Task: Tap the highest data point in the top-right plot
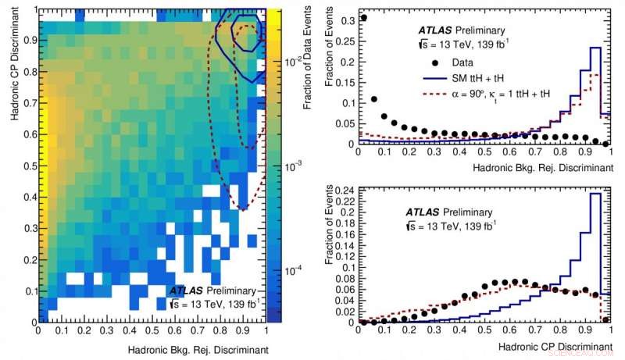coord(364,17)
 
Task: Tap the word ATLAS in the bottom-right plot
coord(423,212)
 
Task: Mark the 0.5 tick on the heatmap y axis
coord(27,166)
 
